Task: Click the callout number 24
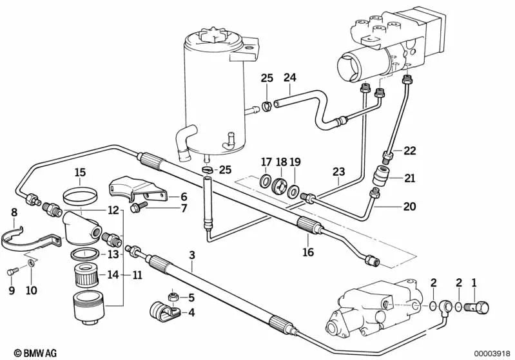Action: [x=289, y=78]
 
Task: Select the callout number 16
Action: [x=308, y=252]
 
